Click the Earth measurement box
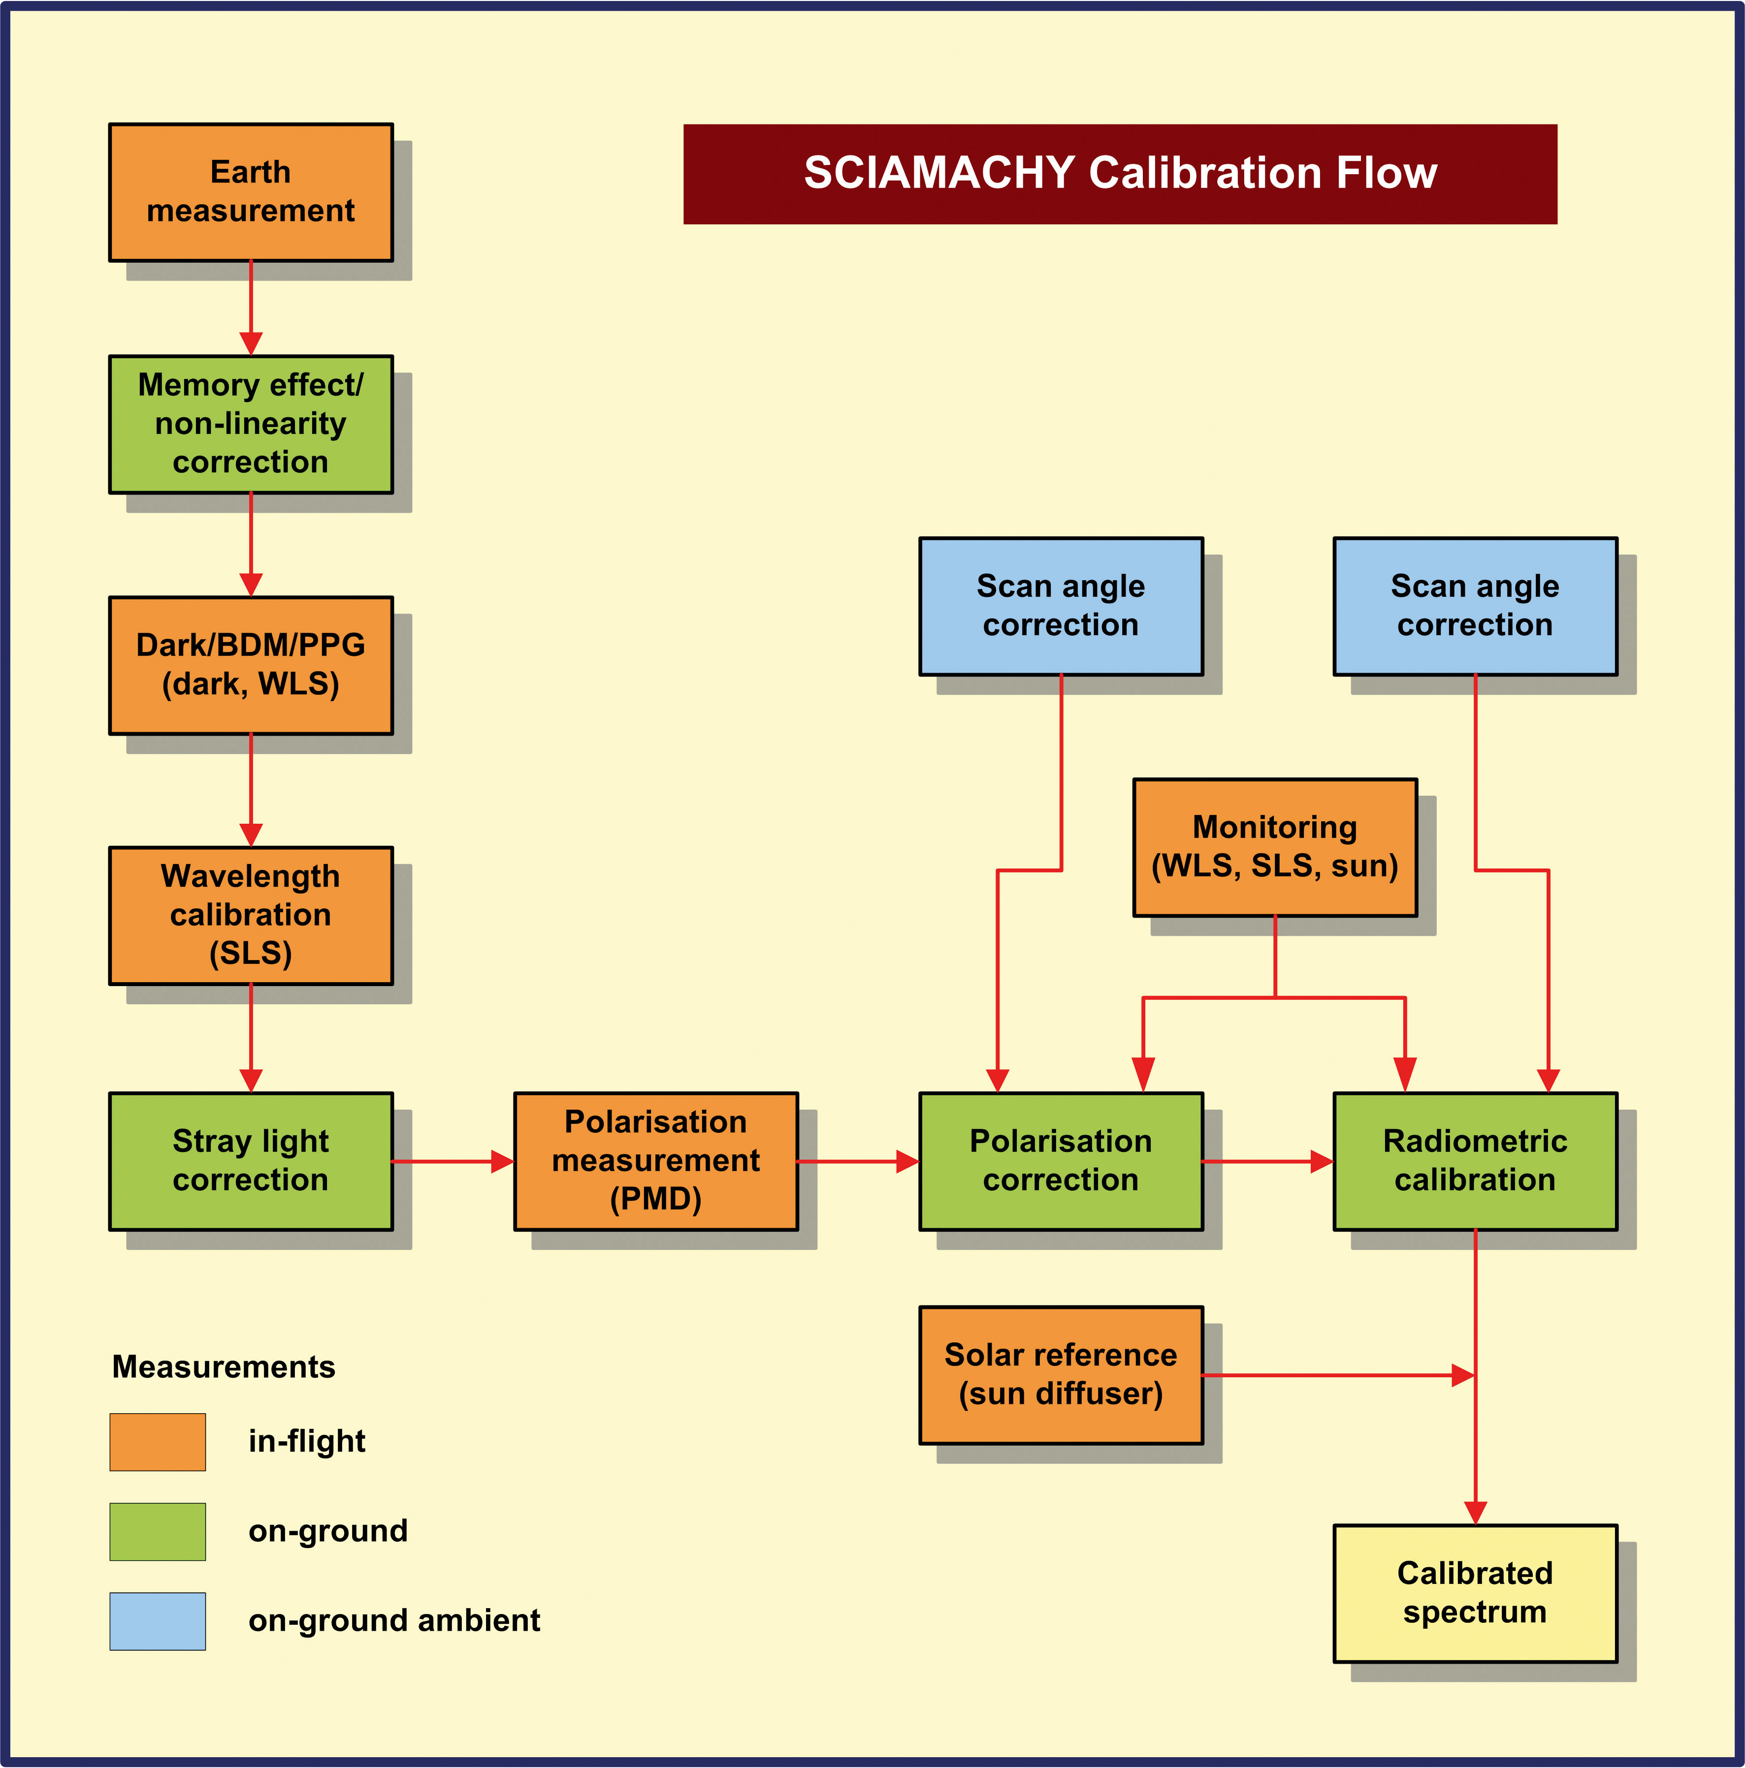click(x=251, y=192)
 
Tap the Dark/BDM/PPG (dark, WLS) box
click(x=251, y=665)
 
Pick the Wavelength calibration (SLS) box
click(x=251, y=915)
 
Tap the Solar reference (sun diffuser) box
click(x=1061, y=1374)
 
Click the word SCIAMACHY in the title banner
click(x=938, y=173)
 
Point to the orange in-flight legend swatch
click(x=158, y=1442)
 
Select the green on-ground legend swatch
click(x=158, y=1531)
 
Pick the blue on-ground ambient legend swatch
click(x=158, y=1621)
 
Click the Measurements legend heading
click(x=224, y=1366)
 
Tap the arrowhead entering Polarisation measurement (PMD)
click(x=502, y=1161)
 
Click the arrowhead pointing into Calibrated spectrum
click(x=1475, y=1513)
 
